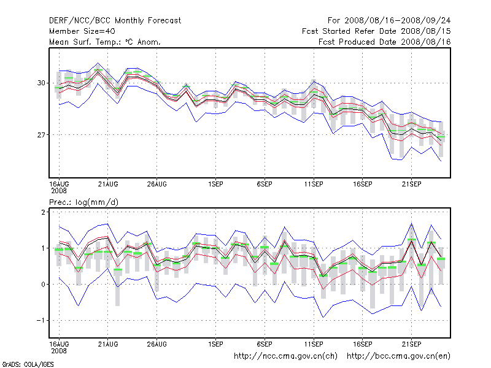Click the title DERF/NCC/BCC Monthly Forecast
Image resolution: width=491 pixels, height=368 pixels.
(x=115, y=20)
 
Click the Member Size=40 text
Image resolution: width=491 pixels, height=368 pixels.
(x=82, y=31)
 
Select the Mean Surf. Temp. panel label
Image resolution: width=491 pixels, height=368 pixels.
(x=105, y=42)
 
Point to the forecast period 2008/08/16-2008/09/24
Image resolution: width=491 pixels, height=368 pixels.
(x=393, y=20)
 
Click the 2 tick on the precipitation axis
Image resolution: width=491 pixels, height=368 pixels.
(x=44, y=212)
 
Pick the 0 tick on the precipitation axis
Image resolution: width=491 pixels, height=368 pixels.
(x=44, y=284)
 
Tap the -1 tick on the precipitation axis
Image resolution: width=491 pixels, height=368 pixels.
(x=42, y=320)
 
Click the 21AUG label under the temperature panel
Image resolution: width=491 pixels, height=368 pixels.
(x=108, y=183)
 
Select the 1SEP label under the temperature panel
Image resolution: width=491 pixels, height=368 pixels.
(x=215, y=183)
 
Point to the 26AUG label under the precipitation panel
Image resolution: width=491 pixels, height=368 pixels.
(x=157, y=343)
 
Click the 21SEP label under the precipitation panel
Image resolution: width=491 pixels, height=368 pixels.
(x=411, y=343)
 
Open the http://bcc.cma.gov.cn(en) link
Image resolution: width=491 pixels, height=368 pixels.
(x=398, y=356)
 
